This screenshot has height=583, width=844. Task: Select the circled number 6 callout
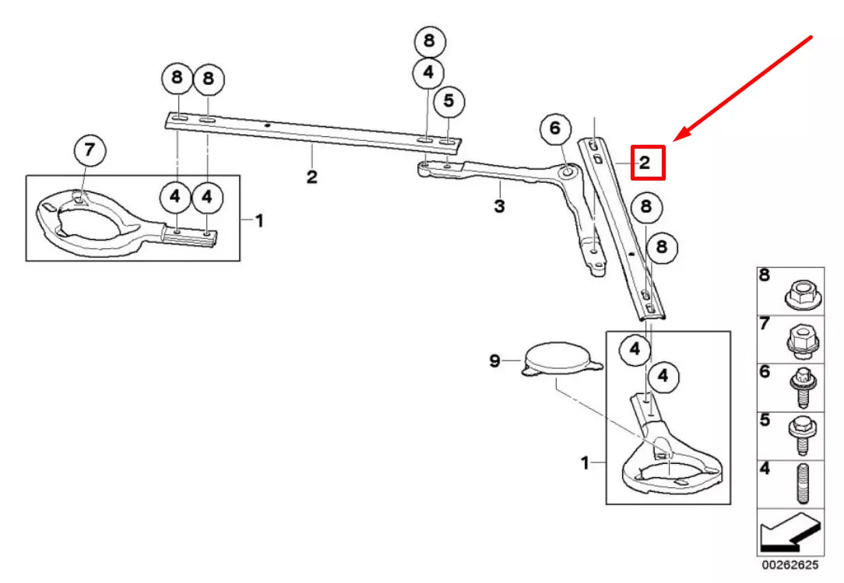coord(555,128)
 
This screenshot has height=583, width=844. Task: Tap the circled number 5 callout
coord(448,100)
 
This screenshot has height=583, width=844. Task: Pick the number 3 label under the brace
coord(499,206)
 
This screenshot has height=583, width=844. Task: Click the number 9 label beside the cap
coord(494,360)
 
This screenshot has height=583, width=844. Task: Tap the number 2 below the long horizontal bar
coord(311,177)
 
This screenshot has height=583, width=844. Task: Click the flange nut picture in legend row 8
coord(800,292)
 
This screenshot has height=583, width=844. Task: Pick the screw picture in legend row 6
coord(800,388)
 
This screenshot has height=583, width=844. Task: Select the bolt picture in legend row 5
coord(800,436)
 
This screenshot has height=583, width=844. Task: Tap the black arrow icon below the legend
coord(790,536)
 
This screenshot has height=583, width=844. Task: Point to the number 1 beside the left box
coord(258,221)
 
